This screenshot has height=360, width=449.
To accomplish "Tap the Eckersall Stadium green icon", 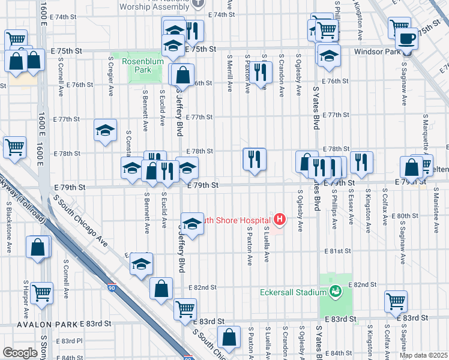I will click(336, 292).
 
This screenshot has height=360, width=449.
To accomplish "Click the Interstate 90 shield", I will click(112, 289).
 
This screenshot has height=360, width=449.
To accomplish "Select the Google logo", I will click(19, 352).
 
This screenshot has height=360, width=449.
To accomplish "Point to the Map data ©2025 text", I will click(423, 355).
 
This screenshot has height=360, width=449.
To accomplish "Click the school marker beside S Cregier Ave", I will click(105, 130).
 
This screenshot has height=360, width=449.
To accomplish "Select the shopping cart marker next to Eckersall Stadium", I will click(396, 301).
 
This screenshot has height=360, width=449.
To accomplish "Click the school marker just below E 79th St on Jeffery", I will click(191, 224).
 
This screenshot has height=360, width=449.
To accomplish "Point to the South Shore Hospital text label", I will click(234, 220).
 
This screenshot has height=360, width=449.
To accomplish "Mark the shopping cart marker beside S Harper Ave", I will click(42, 293).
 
